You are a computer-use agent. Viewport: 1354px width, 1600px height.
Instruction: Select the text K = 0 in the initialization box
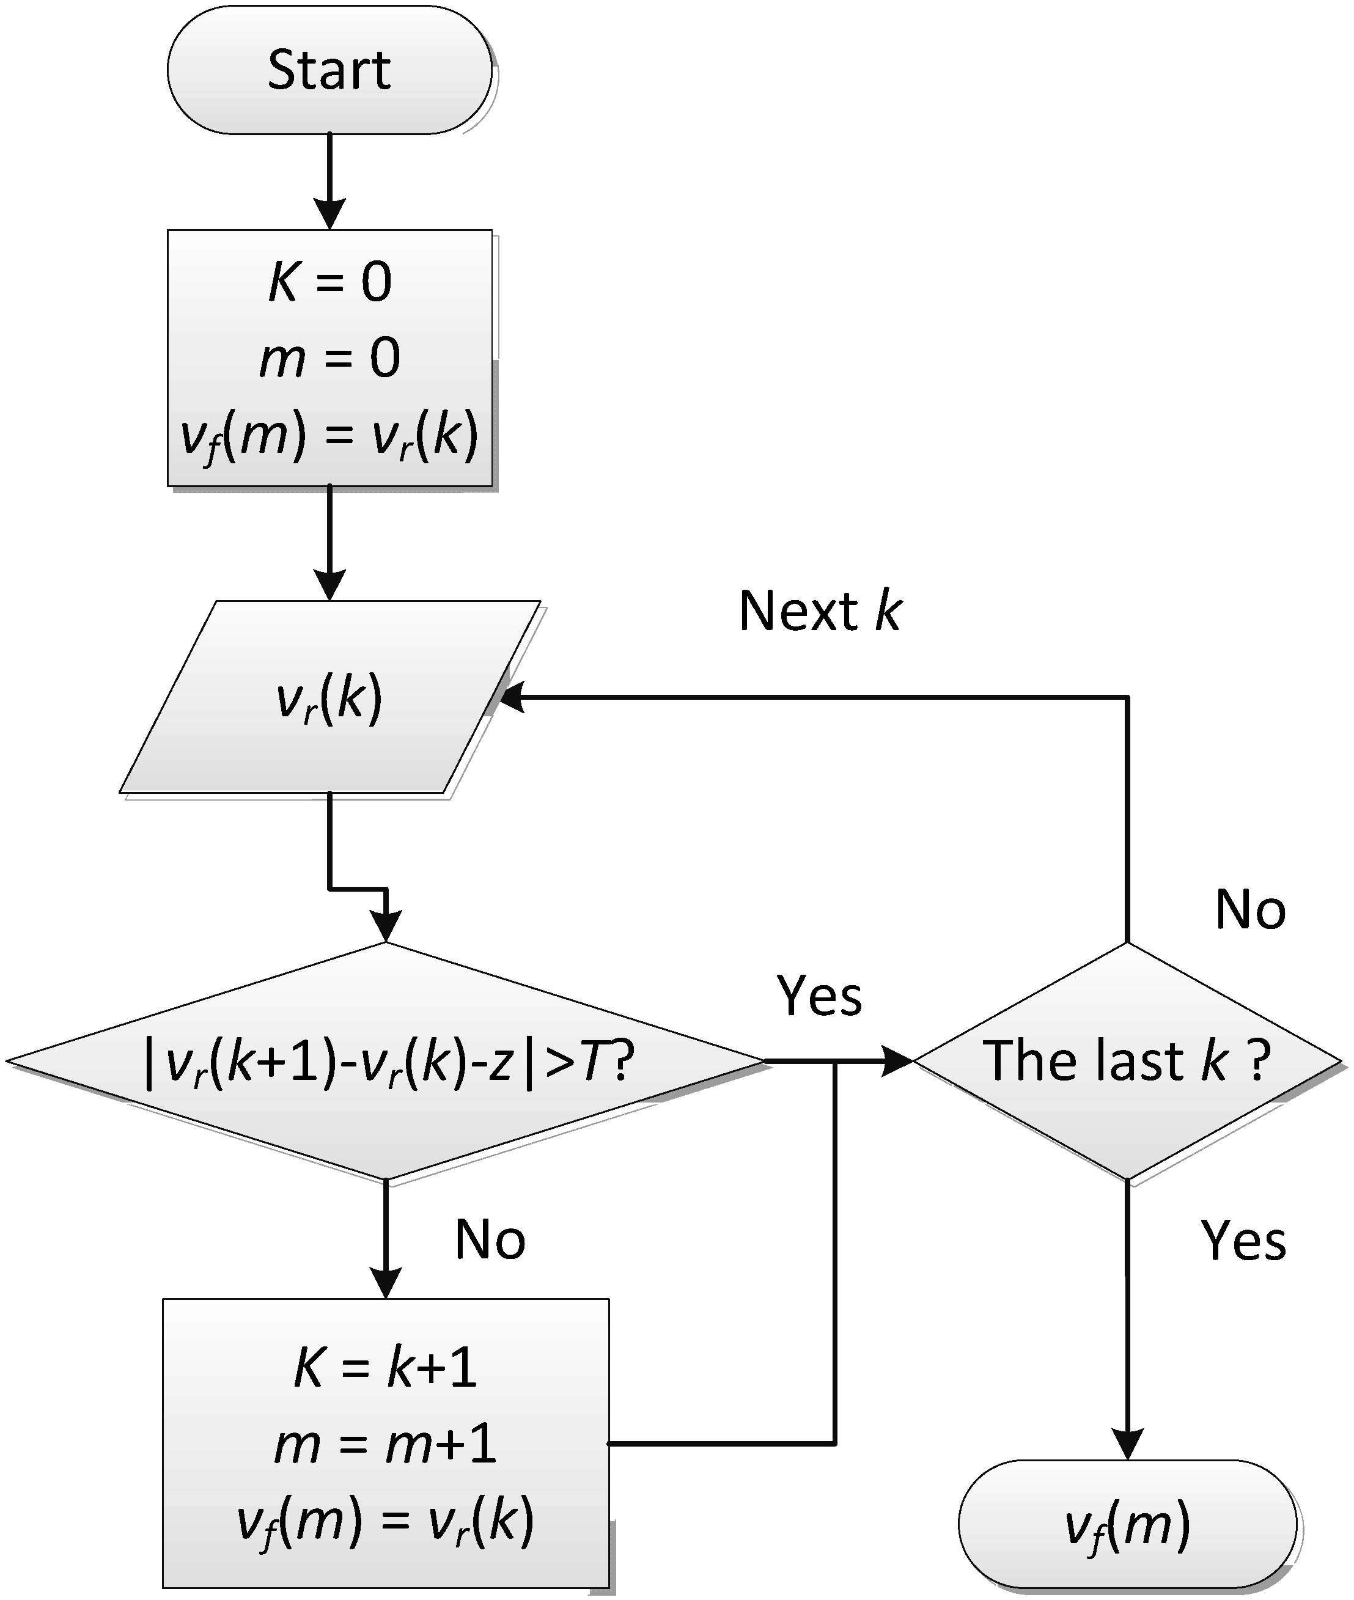tap(329, 282)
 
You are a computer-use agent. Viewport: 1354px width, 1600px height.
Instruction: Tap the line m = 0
tap(329, 358)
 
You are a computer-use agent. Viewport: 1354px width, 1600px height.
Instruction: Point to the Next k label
tap(820, 612)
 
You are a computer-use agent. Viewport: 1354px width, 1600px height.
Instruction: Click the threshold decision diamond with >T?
tap(386, 1062)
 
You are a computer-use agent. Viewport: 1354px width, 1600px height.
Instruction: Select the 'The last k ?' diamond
tap(1127, 1062)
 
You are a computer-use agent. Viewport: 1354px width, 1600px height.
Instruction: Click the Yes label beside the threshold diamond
tap(820, 996)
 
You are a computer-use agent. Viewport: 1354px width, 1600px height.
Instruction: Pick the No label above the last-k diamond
tap(1250, 910)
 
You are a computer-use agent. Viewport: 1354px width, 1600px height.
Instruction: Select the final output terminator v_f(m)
tap(1127, 1526)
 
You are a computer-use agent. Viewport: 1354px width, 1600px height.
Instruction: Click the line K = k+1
tap(386, 1368)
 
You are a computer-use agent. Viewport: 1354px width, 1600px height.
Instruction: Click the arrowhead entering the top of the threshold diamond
tap(386, 927)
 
